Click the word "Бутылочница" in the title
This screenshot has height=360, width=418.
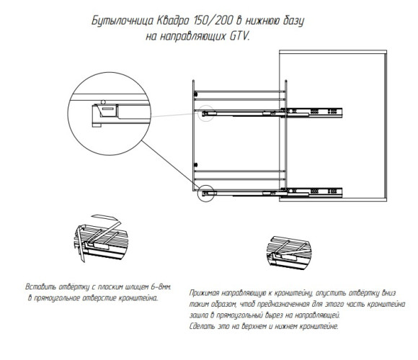123,21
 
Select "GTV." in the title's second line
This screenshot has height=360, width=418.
240,36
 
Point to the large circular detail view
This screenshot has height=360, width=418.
110,73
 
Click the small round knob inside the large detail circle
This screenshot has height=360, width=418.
104,102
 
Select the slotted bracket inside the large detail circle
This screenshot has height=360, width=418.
109,110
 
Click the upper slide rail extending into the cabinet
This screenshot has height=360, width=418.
272,113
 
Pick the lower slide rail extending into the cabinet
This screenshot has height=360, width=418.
272,192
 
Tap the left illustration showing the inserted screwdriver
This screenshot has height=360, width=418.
101,238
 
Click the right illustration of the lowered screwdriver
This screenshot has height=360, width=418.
289,252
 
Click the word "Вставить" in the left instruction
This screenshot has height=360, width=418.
41,287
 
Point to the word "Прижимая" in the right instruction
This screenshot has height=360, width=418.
204,293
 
